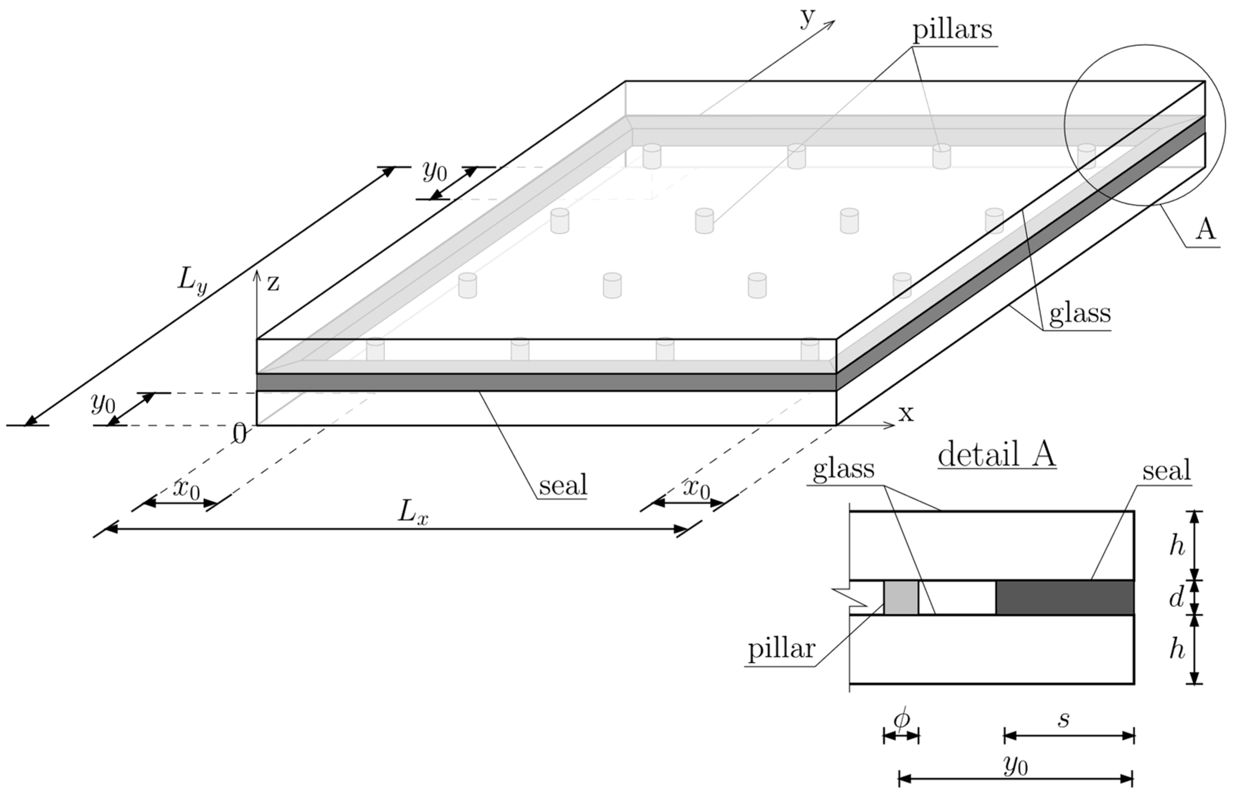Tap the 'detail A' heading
996,455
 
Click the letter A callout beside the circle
1205,229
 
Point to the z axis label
273,283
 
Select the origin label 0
239,434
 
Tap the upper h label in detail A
1177,545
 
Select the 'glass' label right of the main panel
1080,313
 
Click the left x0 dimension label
186,488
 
